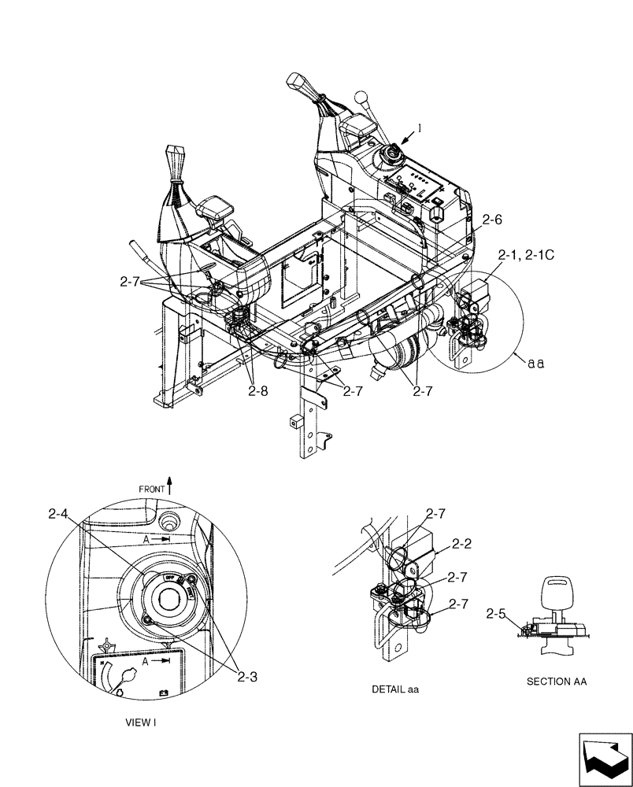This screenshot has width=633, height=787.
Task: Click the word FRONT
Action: coord(152,489)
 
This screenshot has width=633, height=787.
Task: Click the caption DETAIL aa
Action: coord(395,689)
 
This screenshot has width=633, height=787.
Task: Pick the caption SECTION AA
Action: coord(557,682)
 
